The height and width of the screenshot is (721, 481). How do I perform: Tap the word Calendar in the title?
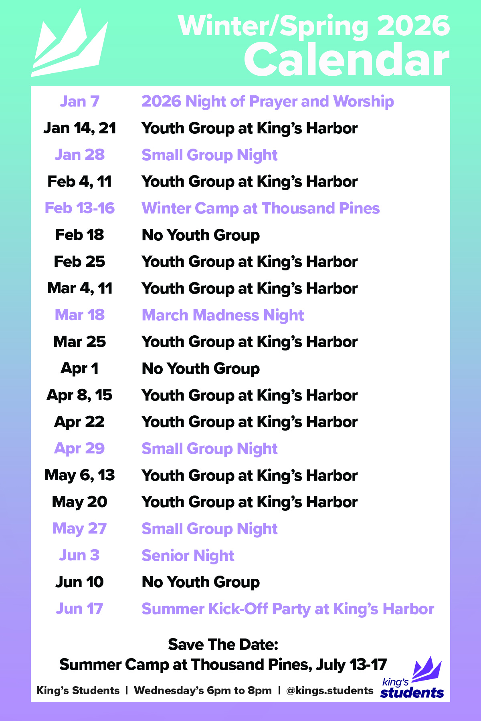[x=347, y=60]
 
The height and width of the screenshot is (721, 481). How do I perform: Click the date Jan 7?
[x=79, y=101]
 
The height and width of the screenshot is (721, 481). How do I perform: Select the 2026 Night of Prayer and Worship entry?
[x=268, y=102]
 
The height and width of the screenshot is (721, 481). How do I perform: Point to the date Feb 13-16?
[x=79, y=208]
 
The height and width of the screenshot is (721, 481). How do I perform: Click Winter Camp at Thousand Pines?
[x=261, y=208]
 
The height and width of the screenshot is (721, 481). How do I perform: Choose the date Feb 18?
[x=79, y=235]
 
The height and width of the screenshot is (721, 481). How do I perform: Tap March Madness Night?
[x=223, y=315]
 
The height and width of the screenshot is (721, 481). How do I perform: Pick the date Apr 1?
[x=79, y=369]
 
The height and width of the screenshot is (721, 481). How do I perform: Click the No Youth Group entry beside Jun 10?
[x=201, y=582]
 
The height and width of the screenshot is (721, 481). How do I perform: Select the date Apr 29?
[x=79, y=449]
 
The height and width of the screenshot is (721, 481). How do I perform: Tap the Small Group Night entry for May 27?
[x=210, y=529]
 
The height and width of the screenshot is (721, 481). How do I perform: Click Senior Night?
[x=188, y=556]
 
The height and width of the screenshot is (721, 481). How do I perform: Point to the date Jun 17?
[x=79, y=609]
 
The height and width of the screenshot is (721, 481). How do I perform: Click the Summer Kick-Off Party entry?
[x=288, y=609]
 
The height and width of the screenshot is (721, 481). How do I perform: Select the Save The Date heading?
[x=223, y=644]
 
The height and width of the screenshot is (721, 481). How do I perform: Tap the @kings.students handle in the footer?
[x=329, y=691]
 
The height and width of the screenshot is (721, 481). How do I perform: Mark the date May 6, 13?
[x=79, y=475]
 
